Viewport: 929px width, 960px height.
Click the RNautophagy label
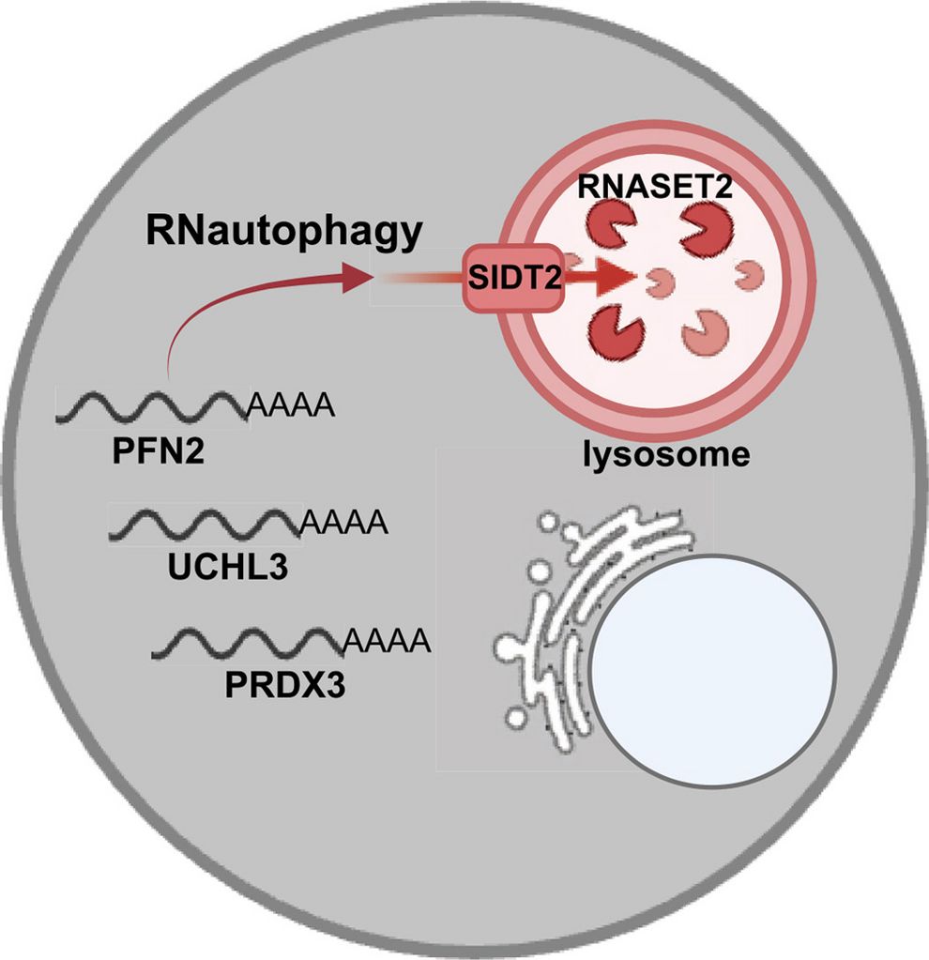click(284, 232)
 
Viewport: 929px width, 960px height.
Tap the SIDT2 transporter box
click(513, 278)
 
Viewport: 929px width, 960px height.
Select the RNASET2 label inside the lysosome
click(655, 186)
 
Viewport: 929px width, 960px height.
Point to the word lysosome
click(666, 455)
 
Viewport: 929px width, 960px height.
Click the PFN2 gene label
click(158, 451)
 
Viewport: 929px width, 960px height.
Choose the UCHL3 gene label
click(228, 566)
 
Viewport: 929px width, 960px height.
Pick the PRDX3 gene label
click(285, 684)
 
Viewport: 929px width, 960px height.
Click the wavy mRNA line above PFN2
click(152, 406)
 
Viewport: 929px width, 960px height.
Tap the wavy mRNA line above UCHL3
click(206, 524)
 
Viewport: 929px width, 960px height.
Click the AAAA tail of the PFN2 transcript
click(292, 404)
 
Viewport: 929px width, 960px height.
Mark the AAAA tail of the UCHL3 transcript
click(344, 523)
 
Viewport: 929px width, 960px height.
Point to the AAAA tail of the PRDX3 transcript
click(388, 640)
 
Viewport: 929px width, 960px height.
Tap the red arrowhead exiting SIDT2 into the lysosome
click(615, 278)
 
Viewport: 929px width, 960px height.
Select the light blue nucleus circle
click(712, 669)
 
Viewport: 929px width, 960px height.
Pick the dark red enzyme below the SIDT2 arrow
click(615, 332)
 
